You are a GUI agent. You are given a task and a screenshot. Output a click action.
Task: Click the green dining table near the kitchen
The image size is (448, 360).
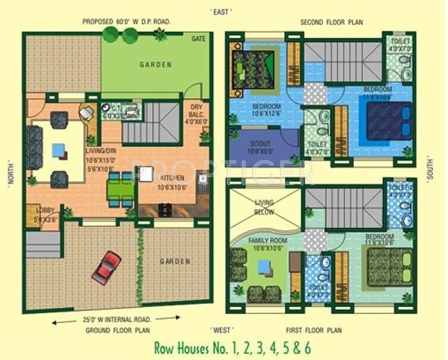pyautogui.click(x=121, y=189)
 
